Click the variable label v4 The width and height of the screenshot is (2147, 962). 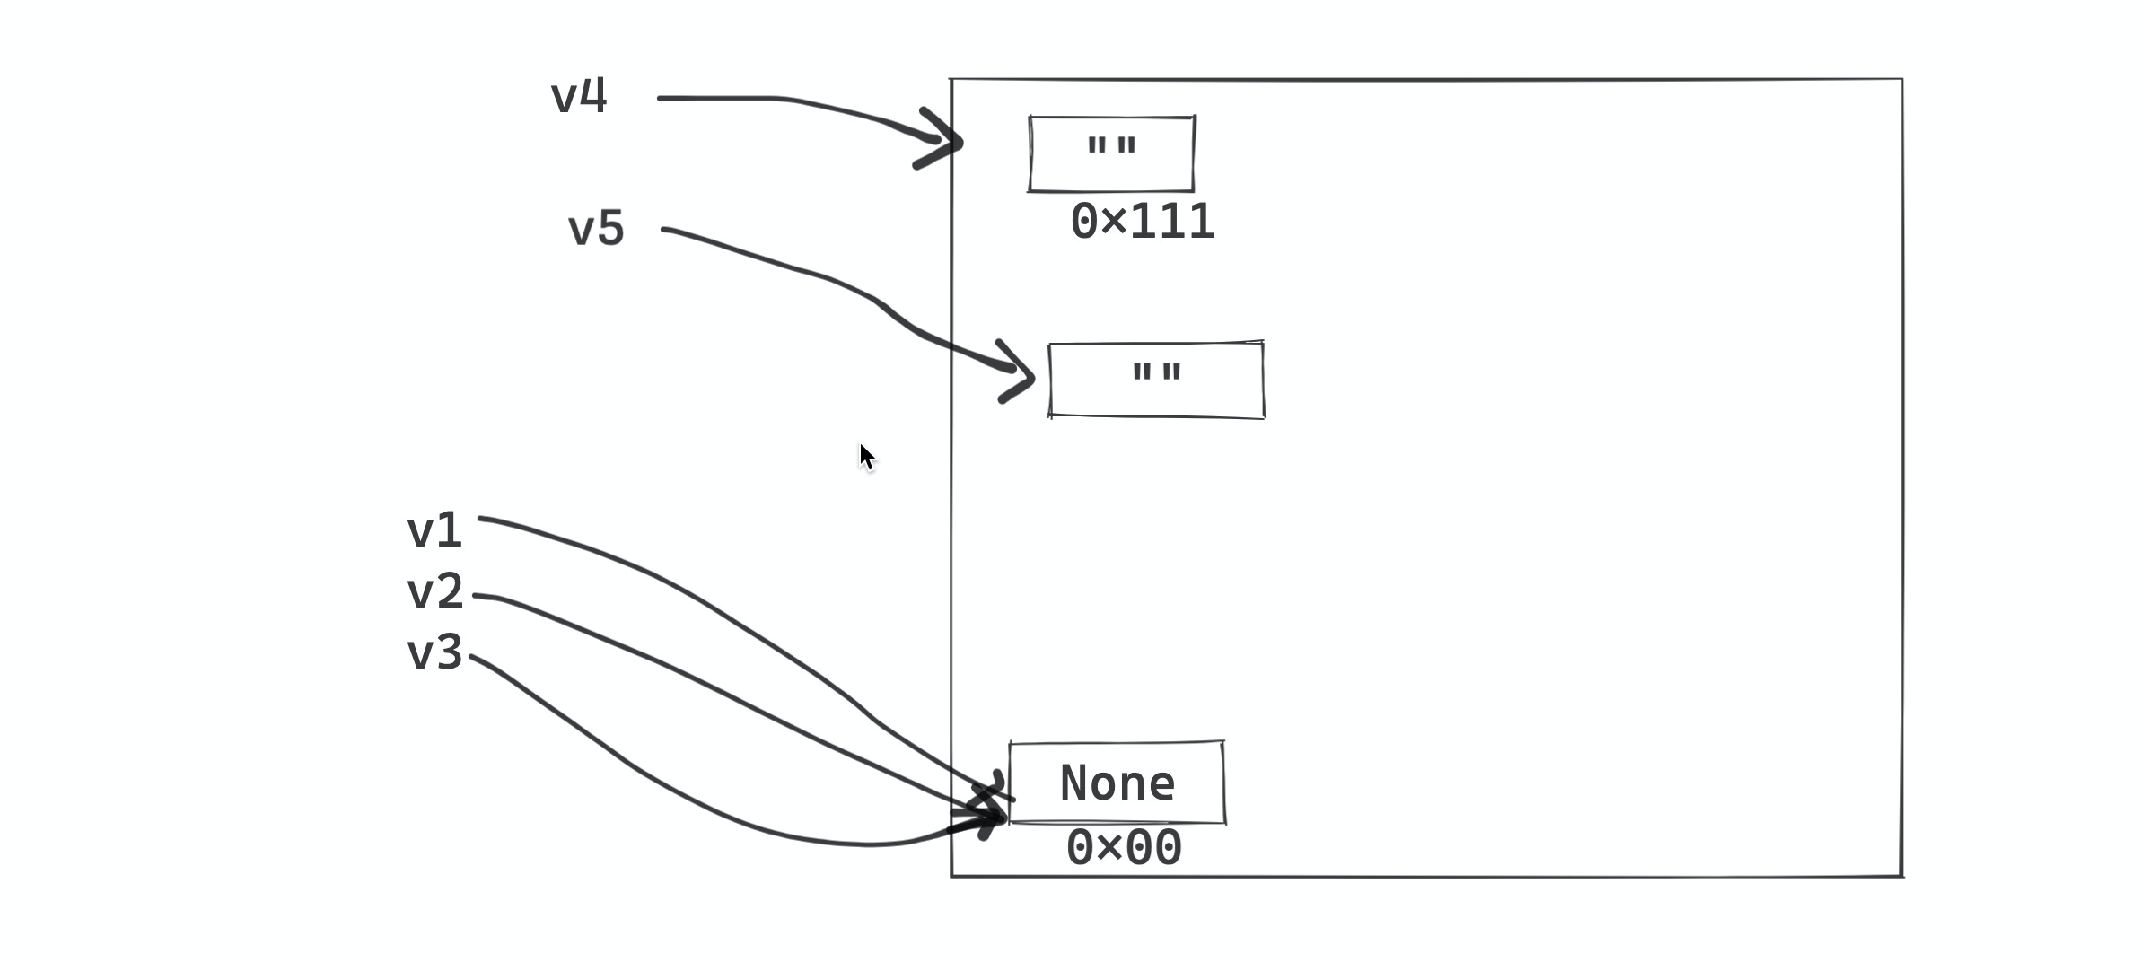pyautogui.click(x=579, y=96)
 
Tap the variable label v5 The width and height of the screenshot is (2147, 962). pyautogui.click(x=596, y=229)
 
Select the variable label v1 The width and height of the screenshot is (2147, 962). pyautogui.click(x=434, y=530)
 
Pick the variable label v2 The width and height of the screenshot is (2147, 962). pyautogui.click(x=434, y=592)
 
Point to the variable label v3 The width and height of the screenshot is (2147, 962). pyautogui.click(x=434, y=652)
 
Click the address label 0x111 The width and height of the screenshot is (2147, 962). pyautogui.click(x=1142, y=222)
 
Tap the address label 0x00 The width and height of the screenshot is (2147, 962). pyautogui.click(x=1124, y=848)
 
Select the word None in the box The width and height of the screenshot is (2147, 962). pyautogui.click(x=1117, y=783)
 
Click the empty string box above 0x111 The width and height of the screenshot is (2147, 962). pyautogui.click(x=1111, y=153)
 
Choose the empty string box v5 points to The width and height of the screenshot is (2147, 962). pyautogui.click(x=1156, y=380)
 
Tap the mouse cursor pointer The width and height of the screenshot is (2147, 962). pyautogui.click(x=865, y=456)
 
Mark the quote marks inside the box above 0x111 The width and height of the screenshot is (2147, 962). pyautogui.click(x=1111, y=145)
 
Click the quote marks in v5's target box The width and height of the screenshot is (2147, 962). pyautogui.click(x=1156, y=372)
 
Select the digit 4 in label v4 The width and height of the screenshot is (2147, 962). pyautogui.click(x=593, y=95)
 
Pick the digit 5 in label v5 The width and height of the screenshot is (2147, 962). pyautogui.click(x=609, y=229)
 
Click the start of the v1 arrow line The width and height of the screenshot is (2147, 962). pyautogui.click(x=483, y=518)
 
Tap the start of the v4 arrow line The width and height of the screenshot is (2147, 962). pyautogui.click(x=662, y=98)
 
